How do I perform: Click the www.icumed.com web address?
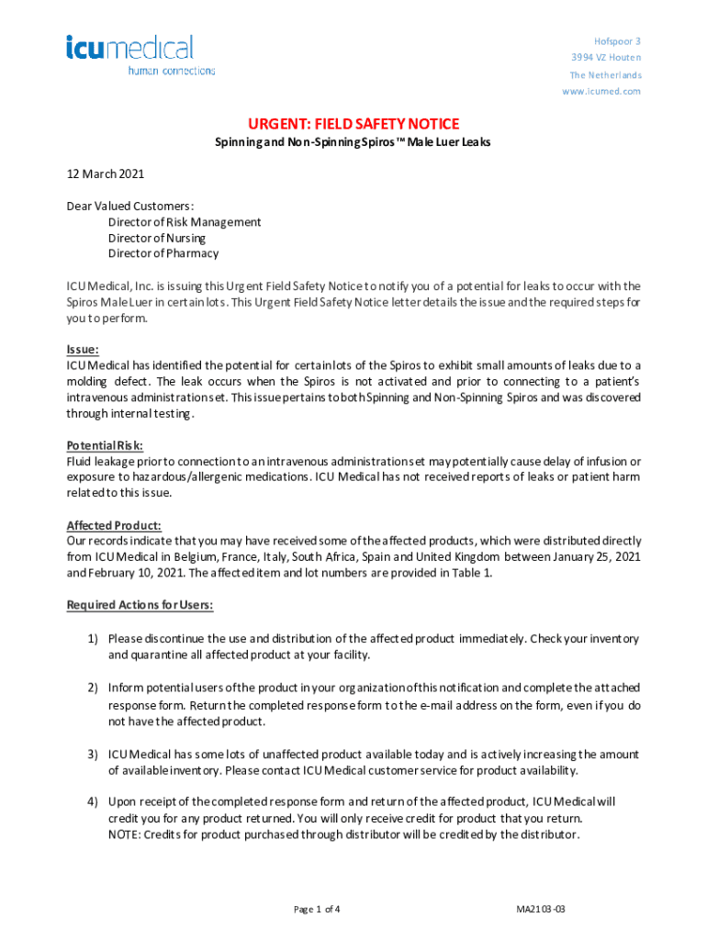[x=601, y=92]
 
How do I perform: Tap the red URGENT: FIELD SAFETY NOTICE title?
[x=353, y=124]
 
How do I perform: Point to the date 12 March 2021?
[x=106, y=173]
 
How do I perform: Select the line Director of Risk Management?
[x=185, y=222]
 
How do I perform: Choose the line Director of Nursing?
[x=157, y=238]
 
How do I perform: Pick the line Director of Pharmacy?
[x=163, y=253]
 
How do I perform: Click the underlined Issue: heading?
[x=83, y=350]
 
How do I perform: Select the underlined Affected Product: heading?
[x=114, y=526]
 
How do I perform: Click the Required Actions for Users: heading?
[x=140, y=606]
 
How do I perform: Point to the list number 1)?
[x=93, y=639]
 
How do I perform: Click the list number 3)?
[x=93, y=755]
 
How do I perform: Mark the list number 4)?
[x=93, y=802]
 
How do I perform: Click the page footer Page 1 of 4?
[x=318, y=910]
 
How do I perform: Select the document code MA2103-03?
[x=541, y=910]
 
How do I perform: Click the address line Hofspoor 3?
[x=617, y=41]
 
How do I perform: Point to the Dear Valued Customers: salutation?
[x=129, y=206]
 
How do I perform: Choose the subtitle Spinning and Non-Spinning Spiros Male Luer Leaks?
[x=353, y=143]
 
